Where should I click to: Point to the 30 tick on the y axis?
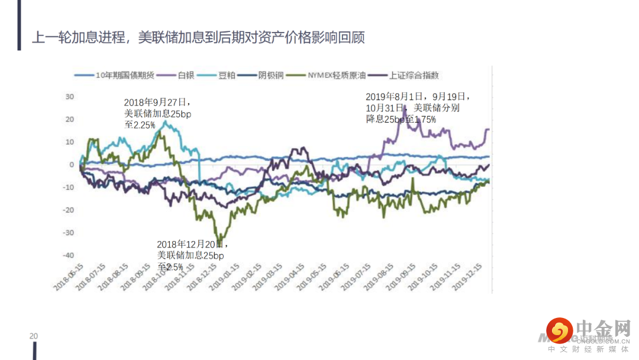pos(69,97)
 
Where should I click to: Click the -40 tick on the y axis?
pos(68,255)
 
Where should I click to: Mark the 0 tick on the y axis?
pos(72,165)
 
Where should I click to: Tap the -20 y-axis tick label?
pos(68,210)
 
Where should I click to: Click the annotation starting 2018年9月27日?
pos(157,113)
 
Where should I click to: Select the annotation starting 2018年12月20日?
pos(192,255)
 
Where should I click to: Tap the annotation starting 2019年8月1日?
pos(418,107)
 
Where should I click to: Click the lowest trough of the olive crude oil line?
pos(220,240)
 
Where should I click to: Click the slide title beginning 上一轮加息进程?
pos(198,38)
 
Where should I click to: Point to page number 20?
pos(34,336)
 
